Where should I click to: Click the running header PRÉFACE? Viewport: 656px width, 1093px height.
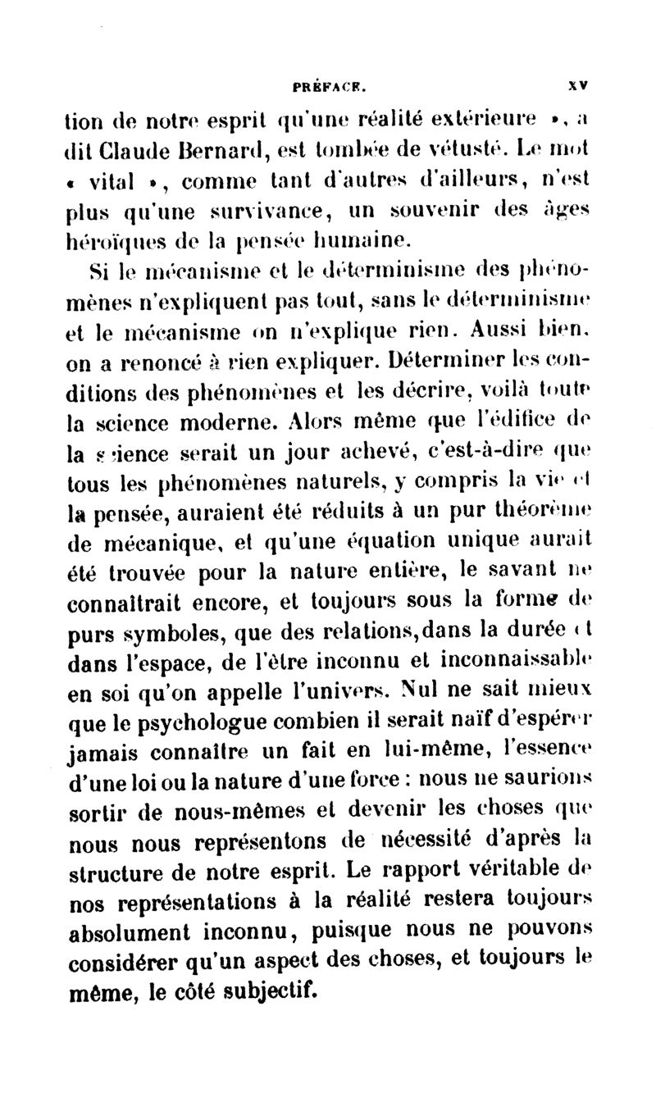tap(329, 82)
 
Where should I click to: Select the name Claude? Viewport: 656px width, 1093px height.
tap(135, 152)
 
